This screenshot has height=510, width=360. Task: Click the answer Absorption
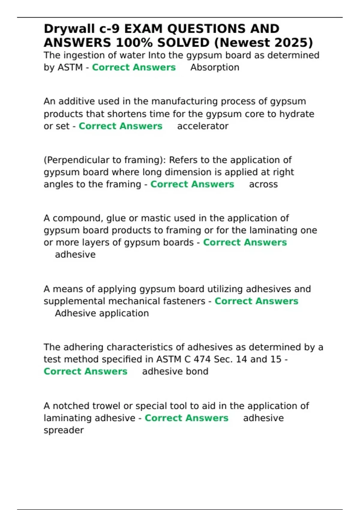[x=215, y=67]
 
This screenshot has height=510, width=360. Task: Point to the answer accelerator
[x=202, y=126]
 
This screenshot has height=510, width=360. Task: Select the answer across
[x=263, y=184]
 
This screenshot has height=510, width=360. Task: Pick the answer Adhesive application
[x=102, y=313]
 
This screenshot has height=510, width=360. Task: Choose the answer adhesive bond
[x=175, y=372]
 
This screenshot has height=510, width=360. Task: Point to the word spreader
[x=64, y=430]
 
